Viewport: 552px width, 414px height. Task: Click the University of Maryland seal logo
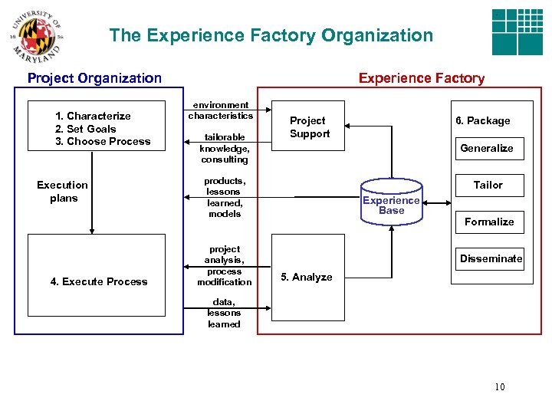pos(34,37)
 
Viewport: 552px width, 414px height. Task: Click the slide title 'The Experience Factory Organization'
pos(271,35)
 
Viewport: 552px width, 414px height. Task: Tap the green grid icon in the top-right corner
pos(517,32)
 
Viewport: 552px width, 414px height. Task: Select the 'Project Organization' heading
pos(94,77)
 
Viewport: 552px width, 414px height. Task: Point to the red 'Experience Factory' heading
pos(422,77)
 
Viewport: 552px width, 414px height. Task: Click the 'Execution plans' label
pos(63,192)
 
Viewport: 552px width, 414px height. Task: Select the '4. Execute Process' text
pos(99,281)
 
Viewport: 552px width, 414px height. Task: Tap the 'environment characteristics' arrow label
pos(220,110)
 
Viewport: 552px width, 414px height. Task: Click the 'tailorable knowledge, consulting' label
pos(224,149)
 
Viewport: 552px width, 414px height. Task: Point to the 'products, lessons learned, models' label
pos(224,198)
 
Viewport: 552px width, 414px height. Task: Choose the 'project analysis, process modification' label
pos(224,265)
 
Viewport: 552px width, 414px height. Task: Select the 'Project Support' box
pos(308,127)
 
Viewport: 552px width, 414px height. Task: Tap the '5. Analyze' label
pos(307,277)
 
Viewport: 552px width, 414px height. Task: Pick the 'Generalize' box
pos(487,148)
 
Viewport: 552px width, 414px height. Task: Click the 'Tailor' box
pos(488,185)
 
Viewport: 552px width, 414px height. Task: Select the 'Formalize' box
pos(489,222)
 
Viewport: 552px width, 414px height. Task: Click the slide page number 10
pos(500,386)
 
